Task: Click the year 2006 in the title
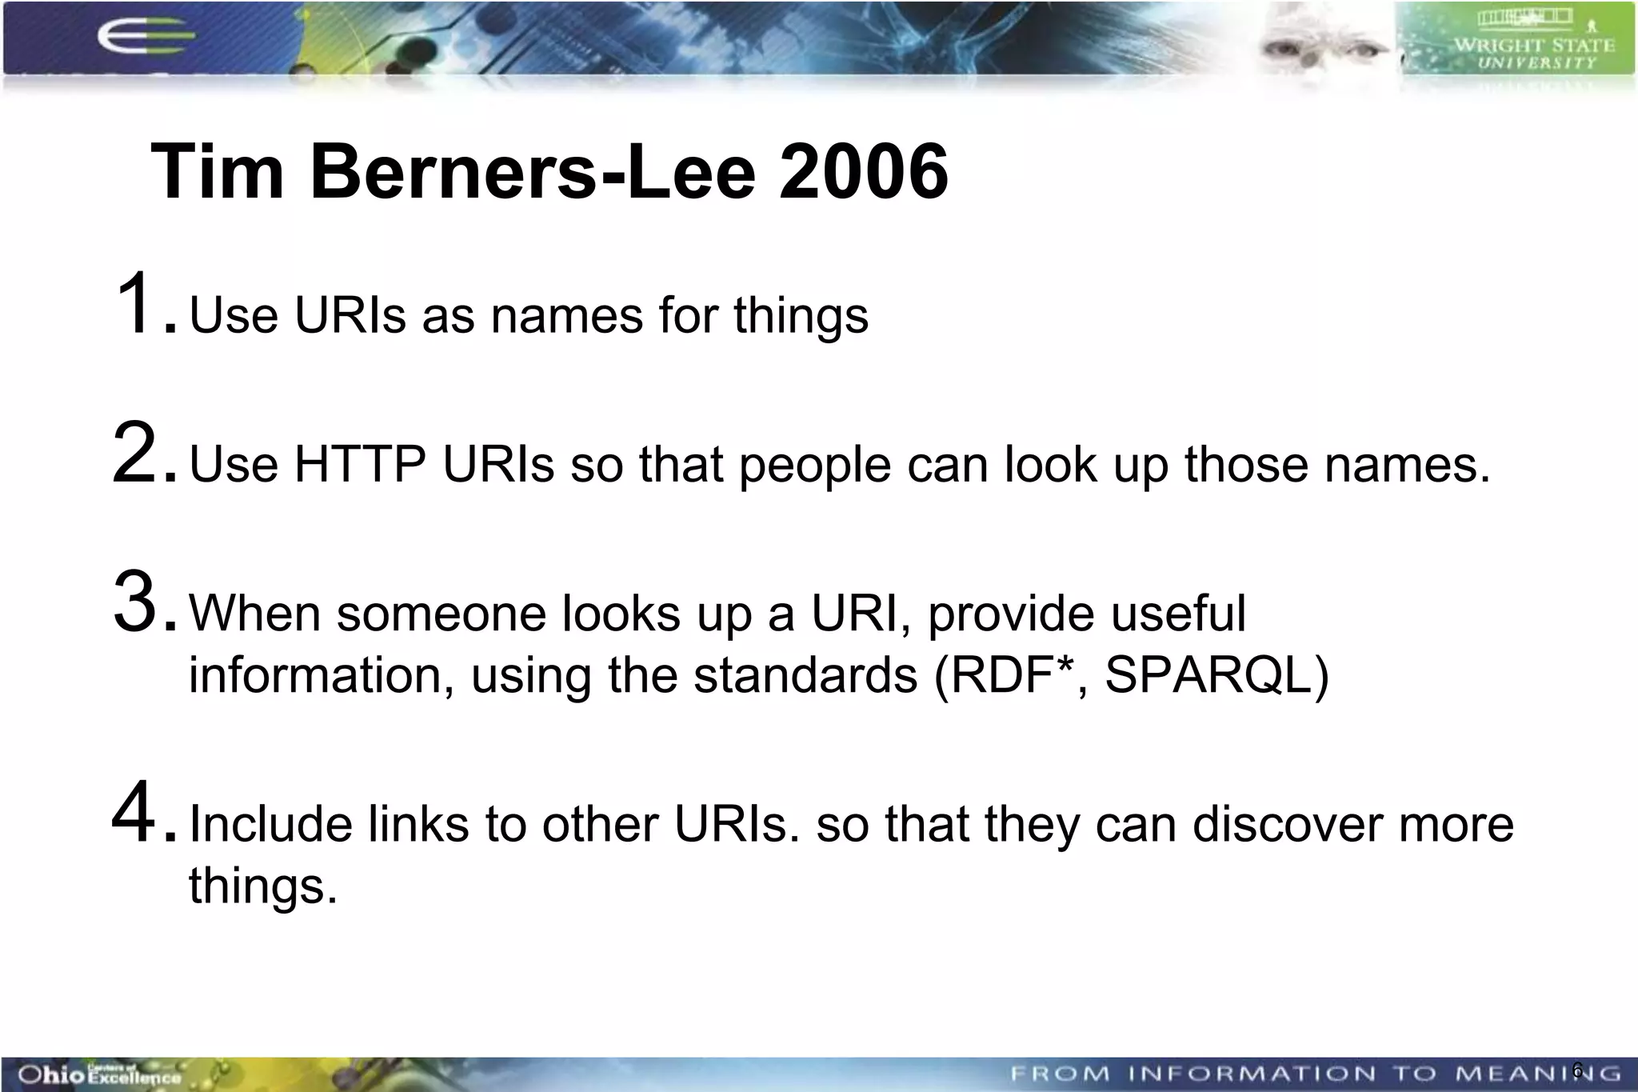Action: (x=864, y=172)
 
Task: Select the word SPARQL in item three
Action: (x=1208, y=675)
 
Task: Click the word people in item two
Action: (x=814, y=466)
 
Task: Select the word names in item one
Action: (x=566, y=315)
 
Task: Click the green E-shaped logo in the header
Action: (x=144, y=38)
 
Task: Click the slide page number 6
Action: (x=1577, y=1070)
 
